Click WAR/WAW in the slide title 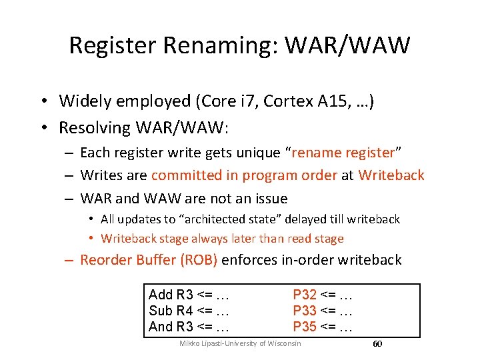pos(347,45)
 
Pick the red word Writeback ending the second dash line pos(391,175)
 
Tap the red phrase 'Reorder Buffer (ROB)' pos(149,260)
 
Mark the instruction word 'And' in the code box pos(161,327)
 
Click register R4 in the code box pos(185,311)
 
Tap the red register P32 pos(305,295)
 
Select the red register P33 pos(305,311)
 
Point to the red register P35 pos(305,327)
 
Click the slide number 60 pos(377,343)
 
